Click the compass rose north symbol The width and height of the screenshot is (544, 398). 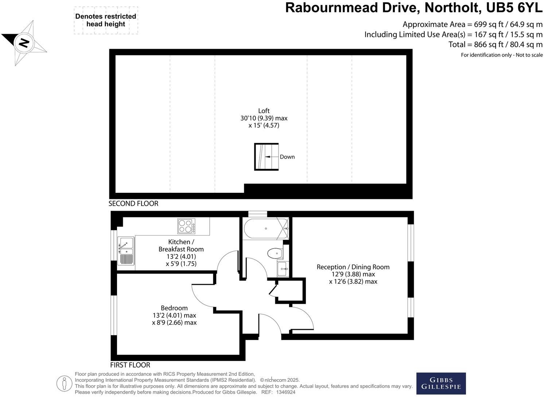point(24,43)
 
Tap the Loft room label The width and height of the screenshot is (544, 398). point(264,111)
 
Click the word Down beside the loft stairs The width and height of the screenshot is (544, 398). point(287,157)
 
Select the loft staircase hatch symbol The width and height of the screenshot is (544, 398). point(266,157)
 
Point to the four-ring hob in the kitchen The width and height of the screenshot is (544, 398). point(186,226)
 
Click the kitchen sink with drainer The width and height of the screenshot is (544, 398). point(126,251)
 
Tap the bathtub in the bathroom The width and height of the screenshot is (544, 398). point(266,229)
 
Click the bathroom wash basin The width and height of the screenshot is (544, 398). point(283,269)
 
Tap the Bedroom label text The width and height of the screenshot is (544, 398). point(174,308)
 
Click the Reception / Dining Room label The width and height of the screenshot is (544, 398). point(353,267)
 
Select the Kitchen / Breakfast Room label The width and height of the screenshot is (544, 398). point(181,245)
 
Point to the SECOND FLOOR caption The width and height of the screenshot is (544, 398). point(133,204)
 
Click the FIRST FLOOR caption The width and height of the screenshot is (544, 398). point(130,365)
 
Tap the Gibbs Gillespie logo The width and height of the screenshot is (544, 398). point(441,383)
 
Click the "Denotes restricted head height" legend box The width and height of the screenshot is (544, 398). point(106,20)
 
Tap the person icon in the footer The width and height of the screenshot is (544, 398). point(65,383)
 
